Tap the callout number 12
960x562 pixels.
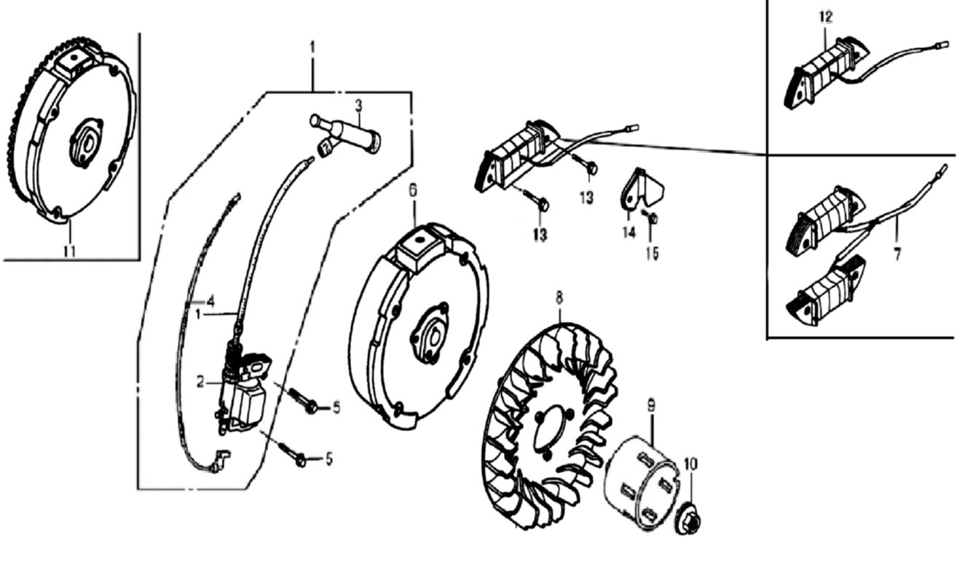(x=825, y=17)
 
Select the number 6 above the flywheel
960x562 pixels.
(x=413, y=191)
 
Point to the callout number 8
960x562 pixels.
(x=559, y=297)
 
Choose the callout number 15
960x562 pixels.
(x=652, y=253)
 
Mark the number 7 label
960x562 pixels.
(x=897, y=254)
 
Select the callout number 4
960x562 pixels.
(x=211, y=300)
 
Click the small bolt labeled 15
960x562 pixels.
(x=653, y=216)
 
